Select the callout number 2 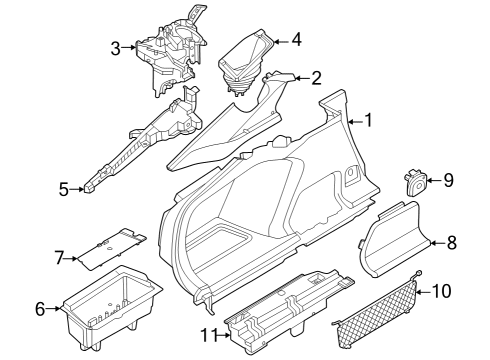pos(316,77)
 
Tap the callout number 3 pos(116,47)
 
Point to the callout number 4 pos(295,41)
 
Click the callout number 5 pos(64,188)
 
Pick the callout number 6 pos(40,309)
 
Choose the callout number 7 pos(58,259)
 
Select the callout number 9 pos(448,180)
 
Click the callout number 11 pos(208,333)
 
